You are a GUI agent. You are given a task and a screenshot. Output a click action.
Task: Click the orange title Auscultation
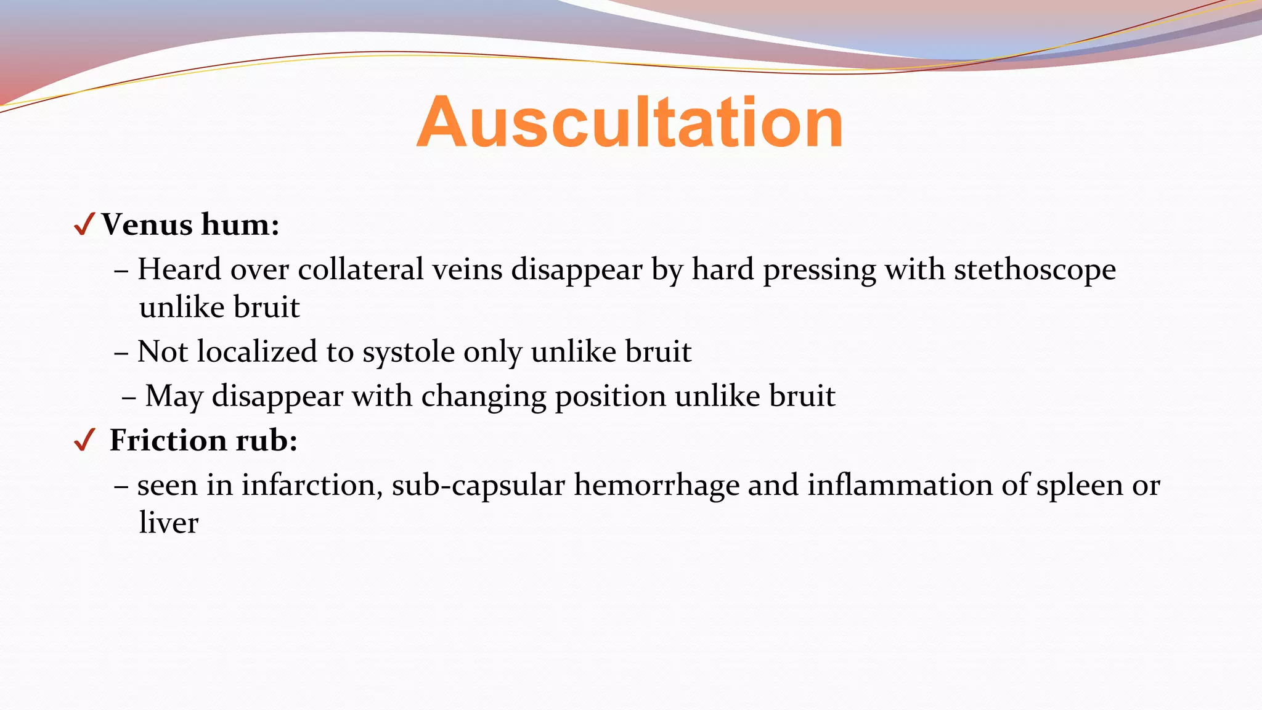[630, 123]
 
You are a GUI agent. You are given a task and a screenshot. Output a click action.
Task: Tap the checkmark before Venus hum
[84, 224]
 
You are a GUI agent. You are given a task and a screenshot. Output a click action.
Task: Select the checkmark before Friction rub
[84, 440]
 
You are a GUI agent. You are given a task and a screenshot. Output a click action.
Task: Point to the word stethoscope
[1035, 270]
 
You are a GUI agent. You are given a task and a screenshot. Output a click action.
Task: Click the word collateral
[360, 270]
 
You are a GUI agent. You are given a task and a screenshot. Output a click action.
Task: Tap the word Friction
[167, 441]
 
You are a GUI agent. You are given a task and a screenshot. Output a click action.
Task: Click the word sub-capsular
[478, 485]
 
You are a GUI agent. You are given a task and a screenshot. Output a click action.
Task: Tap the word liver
[168, 523]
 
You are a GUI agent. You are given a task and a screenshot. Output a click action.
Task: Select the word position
[610, 396]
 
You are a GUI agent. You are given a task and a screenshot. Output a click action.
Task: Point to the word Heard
[179, 270]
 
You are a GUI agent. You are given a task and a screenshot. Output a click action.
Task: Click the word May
[174, 396]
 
